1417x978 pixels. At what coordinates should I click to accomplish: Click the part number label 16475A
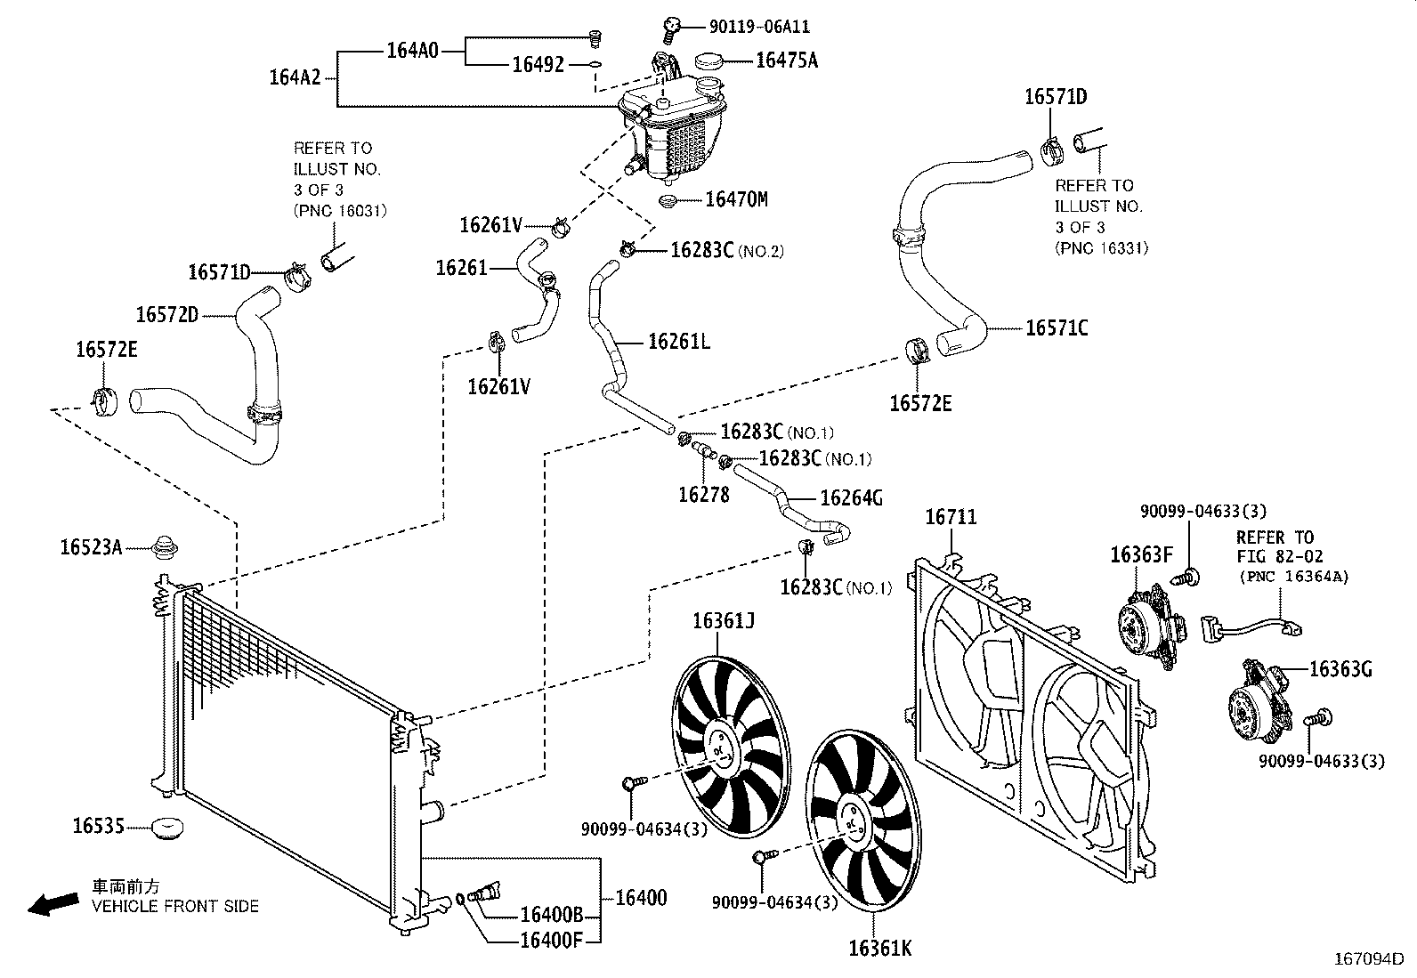pos(786,61)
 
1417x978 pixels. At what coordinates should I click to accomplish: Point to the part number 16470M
pos(735,199)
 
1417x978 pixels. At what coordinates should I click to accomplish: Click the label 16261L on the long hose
pos(678,341)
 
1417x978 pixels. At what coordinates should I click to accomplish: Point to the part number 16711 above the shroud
pos(951,517)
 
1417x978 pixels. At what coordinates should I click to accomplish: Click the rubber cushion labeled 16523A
pos(165,549)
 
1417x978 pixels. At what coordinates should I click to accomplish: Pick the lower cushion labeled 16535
pos(166,828)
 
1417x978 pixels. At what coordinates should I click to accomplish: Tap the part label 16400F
pos(550,939)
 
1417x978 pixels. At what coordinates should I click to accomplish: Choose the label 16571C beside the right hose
pos(1056,328)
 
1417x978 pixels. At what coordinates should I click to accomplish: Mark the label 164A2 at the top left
pos(295,77)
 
